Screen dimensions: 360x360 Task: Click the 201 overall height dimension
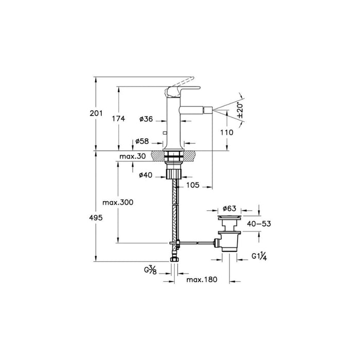point(96,113)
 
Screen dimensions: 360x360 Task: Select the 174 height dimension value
point(118,119)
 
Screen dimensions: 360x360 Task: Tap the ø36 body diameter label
point(146,119)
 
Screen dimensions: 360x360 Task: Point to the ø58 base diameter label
point(142,141)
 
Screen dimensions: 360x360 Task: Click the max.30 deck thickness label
point(133,156)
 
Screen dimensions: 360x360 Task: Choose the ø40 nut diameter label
point(146,175)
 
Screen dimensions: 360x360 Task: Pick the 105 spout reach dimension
point(193,185)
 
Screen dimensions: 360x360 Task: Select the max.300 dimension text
point(118,203)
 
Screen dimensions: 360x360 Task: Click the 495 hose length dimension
point(96,218)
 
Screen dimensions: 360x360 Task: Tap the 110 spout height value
point(227,133)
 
